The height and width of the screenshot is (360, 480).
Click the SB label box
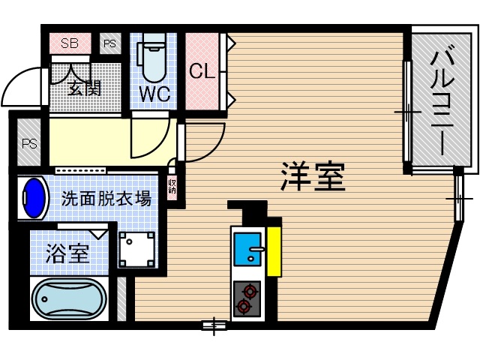(70, 43)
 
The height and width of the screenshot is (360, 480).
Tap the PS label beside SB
(110, 43)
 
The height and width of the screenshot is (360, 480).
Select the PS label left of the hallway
(29, 143)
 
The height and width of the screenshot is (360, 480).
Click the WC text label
(155, 95)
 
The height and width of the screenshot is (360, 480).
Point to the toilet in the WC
(153, 61)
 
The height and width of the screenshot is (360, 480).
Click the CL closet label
(202, 72)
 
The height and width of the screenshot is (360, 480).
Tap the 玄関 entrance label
(84, 87)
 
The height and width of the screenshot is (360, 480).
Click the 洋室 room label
(313, 176)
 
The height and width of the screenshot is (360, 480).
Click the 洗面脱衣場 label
(106, 199)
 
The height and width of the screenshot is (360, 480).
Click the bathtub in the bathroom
(67, 299)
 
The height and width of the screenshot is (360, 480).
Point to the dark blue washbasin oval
(34, 197)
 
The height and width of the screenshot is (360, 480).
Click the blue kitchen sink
(247, 249)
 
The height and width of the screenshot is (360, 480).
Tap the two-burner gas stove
(247, 297)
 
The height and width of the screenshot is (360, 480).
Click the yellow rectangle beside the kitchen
(274, 249)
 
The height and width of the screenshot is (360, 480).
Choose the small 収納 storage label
(172, 185)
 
